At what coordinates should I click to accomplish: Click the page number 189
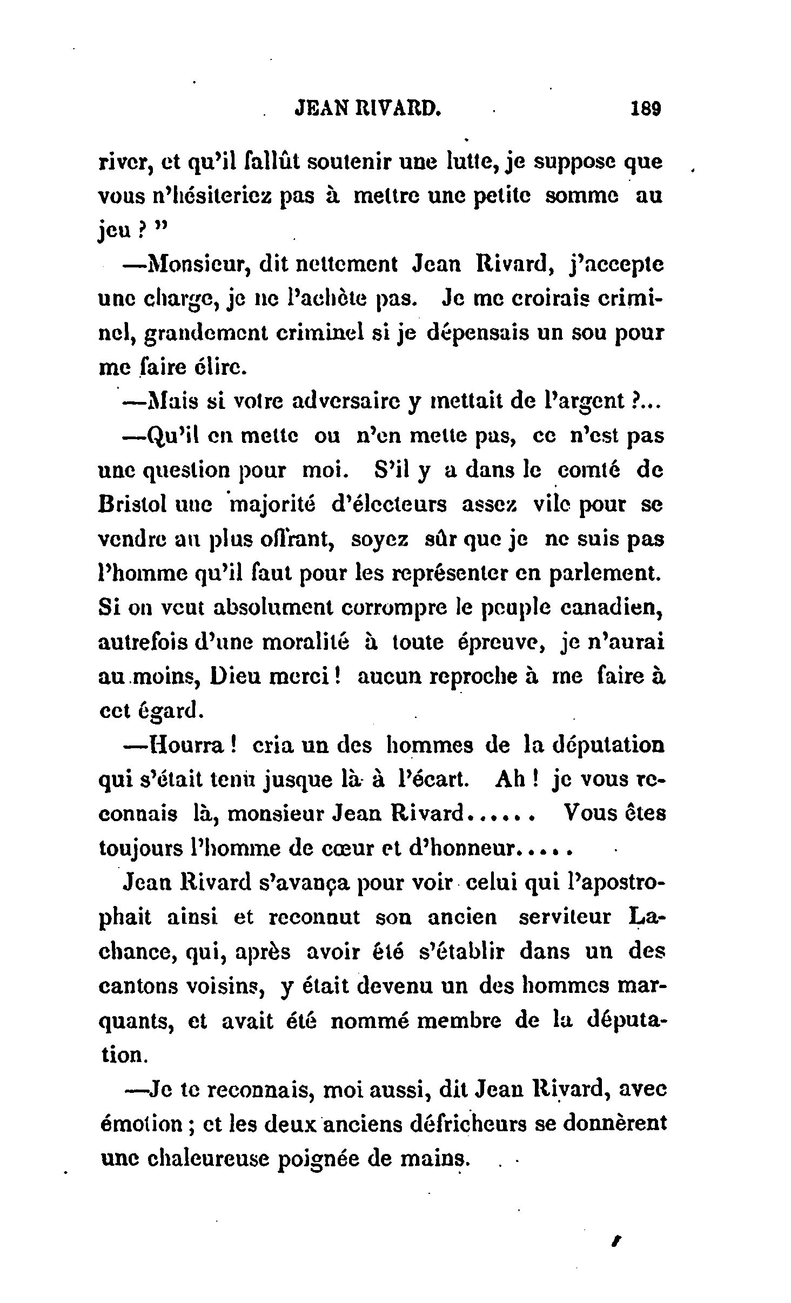646,109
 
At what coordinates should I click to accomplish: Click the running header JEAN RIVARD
368,109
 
